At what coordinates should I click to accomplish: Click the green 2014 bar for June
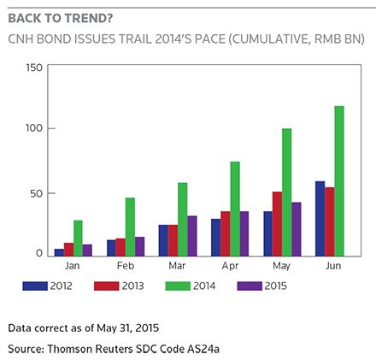[339, 181]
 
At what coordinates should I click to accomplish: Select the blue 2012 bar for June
[320, 219]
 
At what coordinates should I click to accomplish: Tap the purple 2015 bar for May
[297, 229]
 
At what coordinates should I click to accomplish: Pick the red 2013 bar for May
[277, 224]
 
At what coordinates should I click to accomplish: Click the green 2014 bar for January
[78, 238]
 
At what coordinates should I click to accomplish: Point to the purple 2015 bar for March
[192, 236]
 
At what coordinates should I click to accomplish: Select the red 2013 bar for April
[226, 233]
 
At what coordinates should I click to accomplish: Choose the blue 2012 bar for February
[111, 248]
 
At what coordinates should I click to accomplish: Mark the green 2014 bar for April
[235, 209]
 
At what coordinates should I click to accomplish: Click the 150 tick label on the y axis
[34, 68]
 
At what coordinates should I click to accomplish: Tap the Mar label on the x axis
[177, 266]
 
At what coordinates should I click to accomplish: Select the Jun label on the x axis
[333, 266]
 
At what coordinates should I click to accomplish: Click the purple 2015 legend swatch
[250, 286]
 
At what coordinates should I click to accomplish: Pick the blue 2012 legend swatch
[35, 286]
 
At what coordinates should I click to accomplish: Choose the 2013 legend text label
[132, 286]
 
